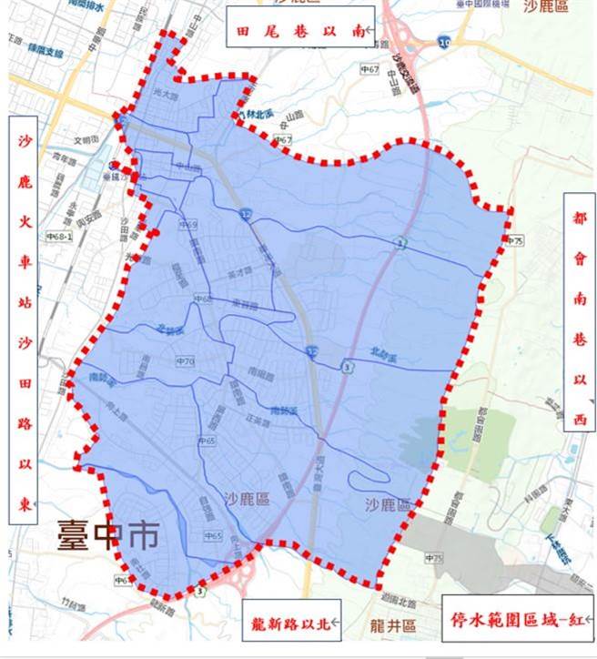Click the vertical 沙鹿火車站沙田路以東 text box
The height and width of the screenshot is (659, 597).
coord(25,319)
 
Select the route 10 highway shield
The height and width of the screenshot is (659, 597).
coord(443,42)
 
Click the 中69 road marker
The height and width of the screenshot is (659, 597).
coord(187,224)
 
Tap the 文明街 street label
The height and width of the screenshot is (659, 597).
coord(84,140)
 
